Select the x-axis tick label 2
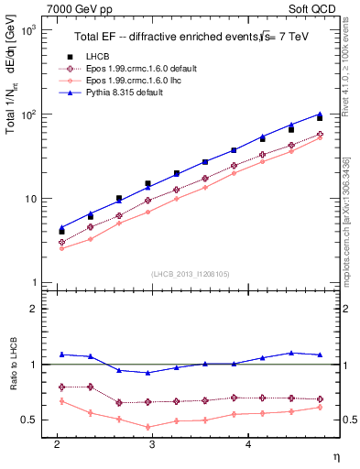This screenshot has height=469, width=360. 57,444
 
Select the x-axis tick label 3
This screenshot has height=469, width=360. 152,444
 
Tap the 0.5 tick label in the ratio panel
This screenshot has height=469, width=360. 28,420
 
